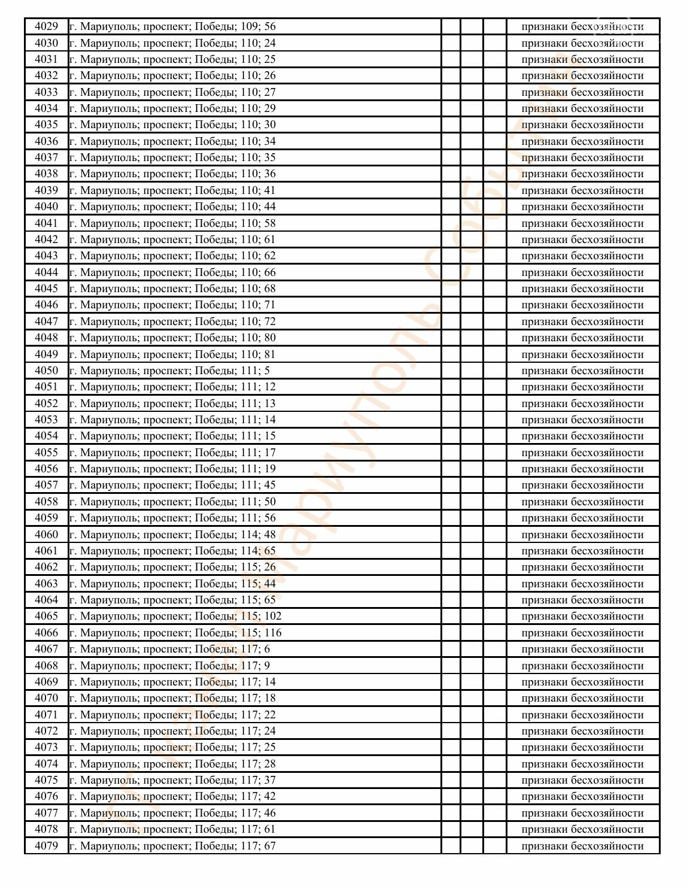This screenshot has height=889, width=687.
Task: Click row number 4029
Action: point(46,26)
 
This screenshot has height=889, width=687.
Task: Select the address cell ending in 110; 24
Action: point(172,43)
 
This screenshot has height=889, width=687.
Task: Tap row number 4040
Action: point(46,207)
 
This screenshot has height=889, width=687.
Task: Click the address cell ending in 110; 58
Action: point(172,223)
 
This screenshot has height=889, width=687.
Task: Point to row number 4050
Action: point(46,371)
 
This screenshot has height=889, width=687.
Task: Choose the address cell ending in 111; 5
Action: point(169,371)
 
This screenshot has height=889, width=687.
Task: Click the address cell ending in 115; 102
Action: point(175,616)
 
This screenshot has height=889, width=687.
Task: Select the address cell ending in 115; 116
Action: point(175,633)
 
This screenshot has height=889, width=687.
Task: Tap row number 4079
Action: point(46,846)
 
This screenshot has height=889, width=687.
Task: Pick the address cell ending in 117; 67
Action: point(172,846)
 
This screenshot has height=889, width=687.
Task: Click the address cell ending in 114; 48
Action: point(172,535)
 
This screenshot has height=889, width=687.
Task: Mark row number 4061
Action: point(46,551)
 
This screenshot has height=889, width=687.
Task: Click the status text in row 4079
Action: point(582,846)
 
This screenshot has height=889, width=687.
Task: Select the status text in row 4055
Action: point(582,453)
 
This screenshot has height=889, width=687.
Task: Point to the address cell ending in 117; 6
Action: point(169,649)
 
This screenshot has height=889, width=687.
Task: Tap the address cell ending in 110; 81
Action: point(172,354)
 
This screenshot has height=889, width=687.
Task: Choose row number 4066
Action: point(46,633)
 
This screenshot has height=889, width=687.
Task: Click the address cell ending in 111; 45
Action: point(172,485)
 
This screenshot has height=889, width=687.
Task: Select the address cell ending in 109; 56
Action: point(172,26)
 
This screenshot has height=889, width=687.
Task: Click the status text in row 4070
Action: point(582,698)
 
